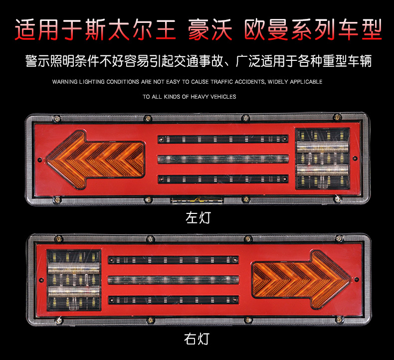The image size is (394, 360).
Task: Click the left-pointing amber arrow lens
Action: (x=95, y=160)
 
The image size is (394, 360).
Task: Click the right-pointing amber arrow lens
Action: (x=302, y=279)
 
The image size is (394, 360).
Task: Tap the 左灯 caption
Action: (x=198, y=217)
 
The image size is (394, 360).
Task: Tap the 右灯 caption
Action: (x=197, y=339)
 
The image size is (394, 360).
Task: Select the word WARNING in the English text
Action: (x=65, y=82)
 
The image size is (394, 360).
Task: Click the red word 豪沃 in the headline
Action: (x=210, y=29)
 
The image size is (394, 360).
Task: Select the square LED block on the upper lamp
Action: (x=323, y=159)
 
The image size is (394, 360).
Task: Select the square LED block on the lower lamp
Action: (x=74, y=280)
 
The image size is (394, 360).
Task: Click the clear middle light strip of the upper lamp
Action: (x=223, y=159)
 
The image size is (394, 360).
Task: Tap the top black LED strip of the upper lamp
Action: (x=223, y=139)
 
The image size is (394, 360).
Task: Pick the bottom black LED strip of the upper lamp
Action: (x=223, y=179)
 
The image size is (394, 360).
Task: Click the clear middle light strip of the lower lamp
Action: (x=174, y=280)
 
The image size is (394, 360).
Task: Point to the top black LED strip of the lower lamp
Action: (x=174, y=260)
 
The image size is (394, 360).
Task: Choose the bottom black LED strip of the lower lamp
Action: (x=174, y=300)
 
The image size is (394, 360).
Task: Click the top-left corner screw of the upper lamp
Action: (x=57, y=119)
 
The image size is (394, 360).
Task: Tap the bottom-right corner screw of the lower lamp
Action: (x=339, y=320)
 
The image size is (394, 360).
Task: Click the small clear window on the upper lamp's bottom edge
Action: (x=197, y=200)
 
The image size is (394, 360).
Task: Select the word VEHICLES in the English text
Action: (x=223, y=97)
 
